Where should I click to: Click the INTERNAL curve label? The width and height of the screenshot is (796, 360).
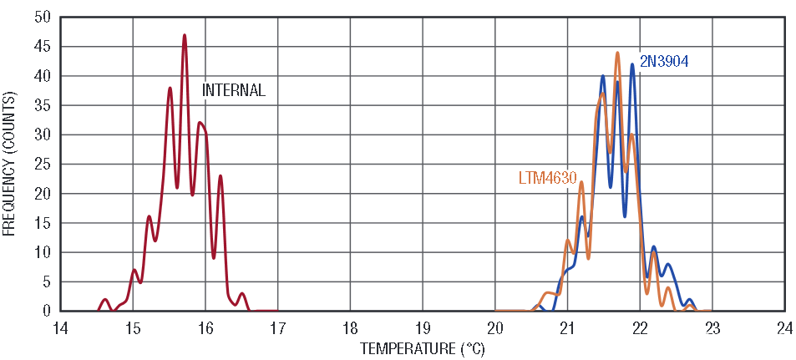[x=234, y=90]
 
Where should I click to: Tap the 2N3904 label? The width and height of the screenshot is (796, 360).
[x=663, y=60]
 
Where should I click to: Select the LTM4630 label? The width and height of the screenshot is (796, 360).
[x=547, y=178]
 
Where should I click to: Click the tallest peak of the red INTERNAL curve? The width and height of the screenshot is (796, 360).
[x=185, y=35]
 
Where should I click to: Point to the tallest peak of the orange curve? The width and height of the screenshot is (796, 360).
[x=617, y=53]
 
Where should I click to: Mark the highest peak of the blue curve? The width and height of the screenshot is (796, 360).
[x=632, y=64]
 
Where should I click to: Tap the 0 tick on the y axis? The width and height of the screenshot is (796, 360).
[x=47, y=311]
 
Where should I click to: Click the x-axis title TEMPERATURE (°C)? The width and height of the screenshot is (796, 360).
[x=422, y=348]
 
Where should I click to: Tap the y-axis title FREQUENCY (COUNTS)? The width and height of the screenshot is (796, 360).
[x=11, y=164]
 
